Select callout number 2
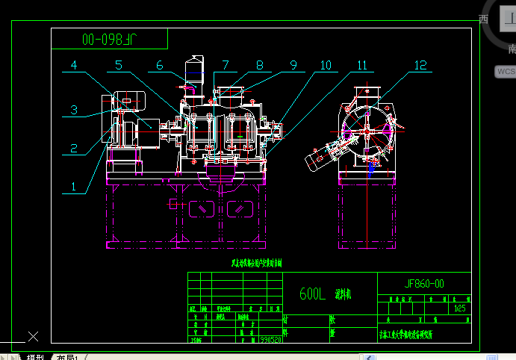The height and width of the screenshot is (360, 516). [x=74, y=147]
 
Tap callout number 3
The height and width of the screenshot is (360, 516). [x=74, y=110]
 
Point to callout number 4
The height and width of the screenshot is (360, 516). [x=74, y=66]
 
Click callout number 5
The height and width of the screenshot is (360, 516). [x=119, y=66]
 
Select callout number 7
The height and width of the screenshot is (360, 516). [x=226, y=66]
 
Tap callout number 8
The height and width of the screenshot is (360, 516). [x=259, y=66]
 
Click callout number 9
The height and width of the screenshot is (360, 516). [x=293, y=66]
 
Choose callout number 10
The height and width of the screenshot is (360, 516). [x=326, y=66]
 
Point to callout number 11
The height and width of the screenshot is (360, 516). [x=363, y=66]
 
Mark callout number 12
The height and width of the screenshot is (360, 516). [x=420, y=66]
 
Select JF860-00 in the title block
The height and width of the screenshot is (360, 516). [x=424, y=284]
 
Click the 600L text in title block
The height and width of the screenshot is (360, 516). [x=312, y=295]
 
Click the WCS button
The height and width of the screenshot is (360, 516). [x=506, y=72]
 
